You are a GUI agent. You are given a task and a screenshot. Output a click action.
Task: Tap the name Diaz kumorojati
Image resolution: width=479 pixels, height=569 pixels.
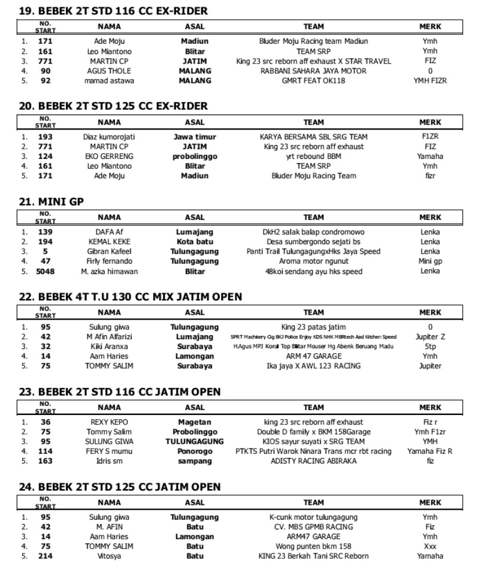109,137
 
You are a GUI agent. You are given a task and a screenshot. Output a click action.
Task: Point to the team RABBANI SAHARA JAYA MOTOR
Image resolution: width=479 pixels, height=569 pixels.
313,71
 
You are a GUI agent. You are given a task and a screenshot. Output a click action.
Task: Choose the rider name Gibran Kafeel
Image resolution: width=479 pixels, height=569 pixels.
109,251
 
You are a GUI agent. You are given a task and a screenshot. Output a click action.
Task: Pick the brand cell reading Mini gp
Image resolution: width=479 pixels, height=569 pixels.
430,261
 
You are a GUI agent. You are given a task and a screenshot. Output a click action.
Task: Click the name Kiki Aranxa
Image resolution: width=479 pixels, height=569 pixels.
109,346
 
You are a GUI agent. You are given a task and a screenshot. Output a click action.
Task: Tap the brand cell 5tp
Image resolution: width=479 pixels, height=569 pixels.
430,346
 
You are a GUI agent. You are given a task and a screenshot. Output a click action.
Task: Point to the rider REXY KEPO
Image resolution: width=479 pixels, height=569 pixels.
109,422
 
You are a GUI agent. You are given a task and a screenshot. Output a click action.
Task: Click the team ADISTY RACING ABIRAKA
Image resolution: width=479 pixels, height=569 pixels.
313,461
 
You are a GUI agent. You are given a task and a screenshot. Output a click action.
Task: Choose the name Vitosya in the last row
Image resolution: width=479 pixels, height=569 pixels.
109,556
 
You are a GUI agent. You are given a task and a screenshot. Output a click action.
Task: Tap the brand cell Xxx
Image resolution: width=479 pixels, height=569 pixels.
430,546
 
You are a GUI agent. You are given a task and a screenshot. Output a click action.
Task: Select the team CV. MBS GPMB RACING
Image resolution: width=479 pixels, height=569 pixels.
313,526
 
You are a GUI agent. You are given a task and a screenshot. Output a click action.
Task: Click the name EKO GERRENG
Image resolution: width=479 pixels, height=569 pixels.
109,156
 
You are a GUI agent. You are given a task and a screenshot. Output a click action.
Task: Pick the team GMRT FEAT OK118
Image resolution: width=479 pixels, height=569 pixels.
313,80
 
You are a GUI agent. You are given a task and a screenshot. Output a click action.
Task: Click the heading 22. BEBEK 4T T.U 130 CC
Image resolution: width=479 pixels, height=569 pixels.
131,297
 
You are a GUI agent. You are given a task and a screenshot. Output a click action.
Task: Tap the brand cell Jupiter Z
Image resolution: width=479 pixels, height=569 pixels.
430,336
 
